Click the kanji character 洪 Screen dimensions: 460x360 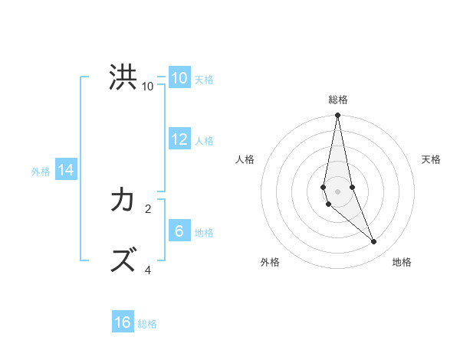coord(123,77)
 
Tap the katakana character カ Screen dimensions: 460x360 coord(123,201)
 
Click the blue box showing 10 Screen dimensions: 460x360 coord(179,78)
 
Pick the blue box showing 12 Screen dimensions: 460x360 coord(179,139)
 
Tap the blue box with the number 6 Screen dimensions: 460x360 coord(179,231)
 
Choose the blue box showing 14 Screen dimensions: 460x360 coord(66,170)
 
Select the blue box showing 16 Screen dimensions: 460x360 coord(123,322)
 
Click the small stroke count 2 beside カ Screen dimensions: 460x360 coord(148,208)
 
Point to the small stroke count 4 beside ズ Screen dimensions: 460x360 coord(148,270)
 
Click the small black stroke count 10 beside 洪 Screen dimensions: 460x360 coord(148,87)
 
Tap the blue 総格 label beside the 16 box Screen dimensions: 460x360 coord(147,324)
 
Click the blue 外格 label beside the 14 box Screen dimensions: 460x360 coord(41,172)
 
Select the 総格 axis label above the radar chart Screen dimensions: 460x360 coord(338,100)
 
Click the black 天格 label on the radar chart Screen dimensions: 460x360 coord(432,159)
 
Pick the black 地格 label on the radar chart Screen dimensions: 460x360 coord(402,262)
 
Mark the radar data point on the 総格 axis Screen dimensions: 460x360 coord(338,116)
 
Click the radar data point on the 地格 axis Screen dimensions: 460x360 coord(374,241)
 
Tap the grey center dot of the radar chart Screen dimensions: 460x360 coord(338,191)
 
